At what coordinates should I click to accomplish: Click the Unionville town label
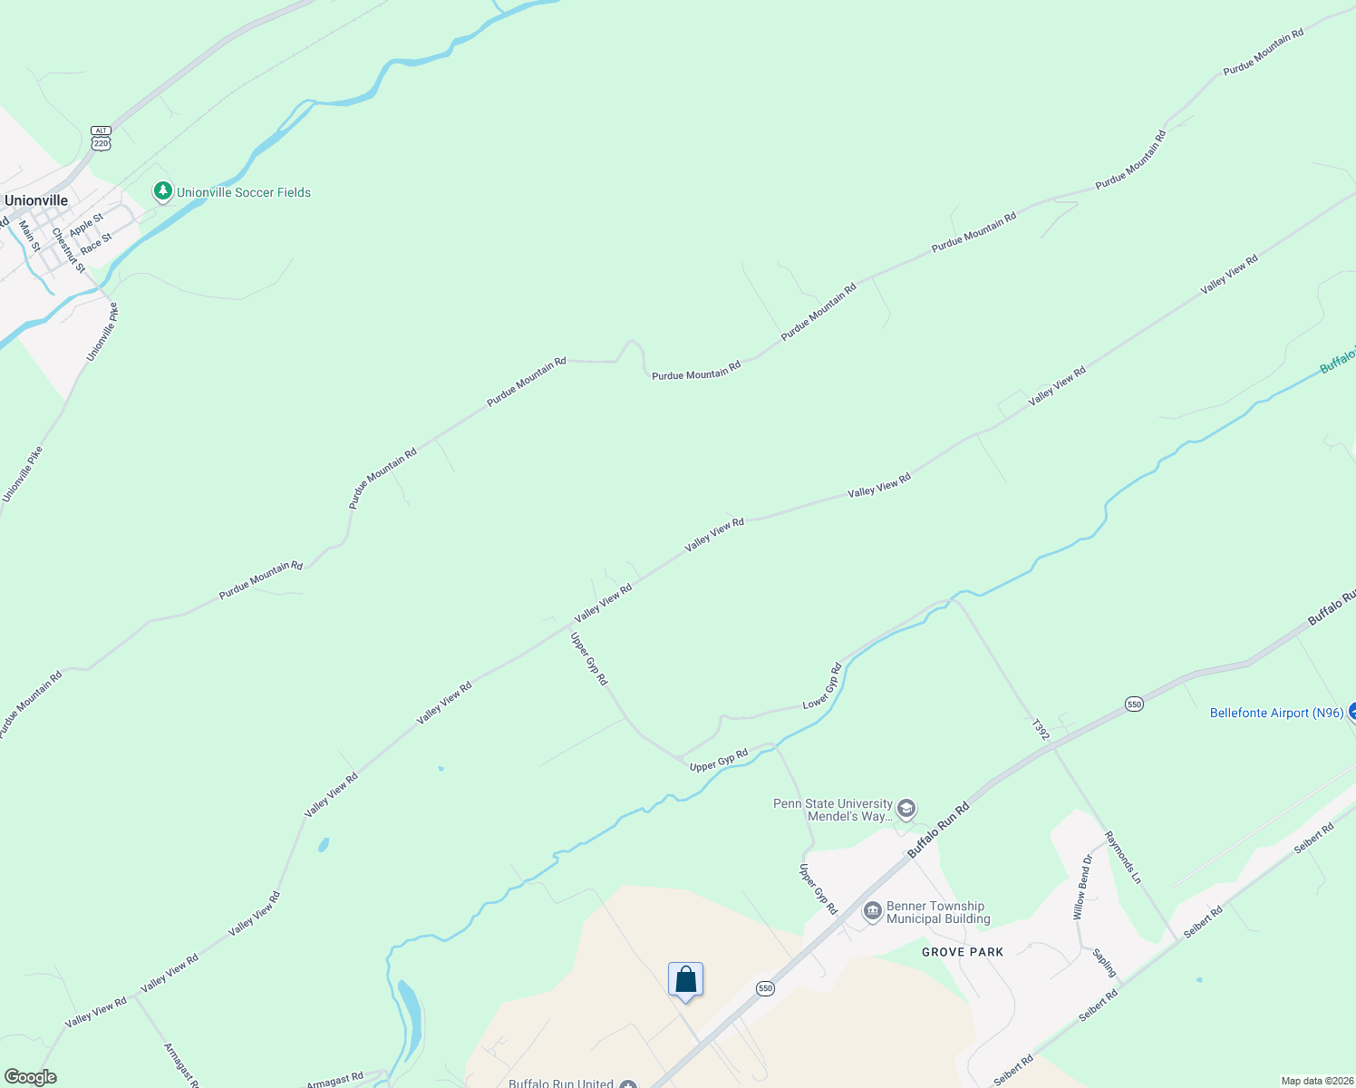[36, 200]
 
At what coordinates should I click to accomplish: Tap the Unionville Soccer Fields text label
[243, 192]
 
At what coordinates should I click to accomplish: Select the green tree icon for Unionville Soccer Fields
[163, 191]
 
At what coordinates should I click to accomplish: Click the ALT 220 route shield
[101, 138]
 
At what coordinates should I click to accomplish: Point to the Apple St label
[87, 224]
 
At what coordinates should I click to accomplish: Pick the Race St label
[96, 243]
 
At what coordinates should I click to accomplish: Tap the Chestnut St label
[68, 250]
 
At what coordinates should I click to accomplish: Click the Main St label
[29, 236]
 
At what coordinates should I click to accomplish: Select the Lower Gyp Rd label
[822, 686]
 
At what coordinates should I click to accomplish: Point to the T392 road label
[1041, 730]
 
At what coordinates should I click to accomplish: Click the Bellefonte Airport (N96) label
[1276, 714]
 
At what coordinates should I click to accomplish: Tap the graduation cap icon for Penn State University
[906, 809]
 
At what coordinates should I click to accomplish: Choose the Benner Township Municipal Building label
[937, 912]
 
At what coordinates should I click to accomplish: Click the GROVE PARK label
[963, 952]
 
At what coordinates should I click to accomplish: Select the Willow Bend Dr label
[1082, 887]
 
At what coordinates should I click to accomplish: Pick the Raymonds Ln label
[1123, 857]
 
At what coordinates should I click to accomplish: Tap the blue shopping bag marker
[686, 980]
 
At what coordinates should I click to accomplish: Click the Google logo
[31, 1077]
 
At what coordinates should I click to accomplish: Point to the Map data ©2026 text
[1316, 1081]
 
